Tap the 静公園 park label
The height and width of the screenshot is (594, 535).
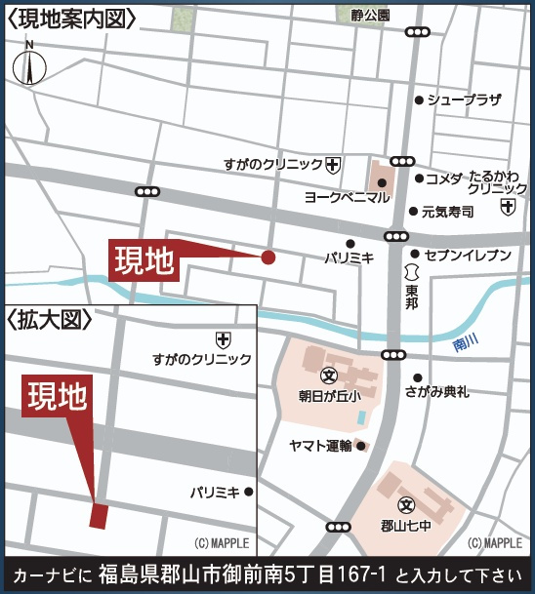[x=370, y=16]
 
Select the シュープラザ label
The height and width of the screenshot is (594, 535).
[x=464, y=99]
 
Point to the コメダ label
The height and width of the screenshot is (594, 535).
[x=445, y=178]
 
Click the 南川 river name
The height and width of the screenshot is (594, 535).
[x=467, y=342]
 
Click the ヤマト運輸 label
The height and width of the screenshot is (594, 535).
[x=321, y=446]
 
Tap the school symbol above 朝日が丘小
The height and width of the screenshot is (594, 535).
[x=329, y=376]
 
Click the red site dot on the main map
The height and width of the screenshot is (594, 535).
[x=267, y=257]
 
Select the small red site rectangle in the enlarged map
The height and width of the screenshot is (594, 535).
[x=99, y=515]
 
